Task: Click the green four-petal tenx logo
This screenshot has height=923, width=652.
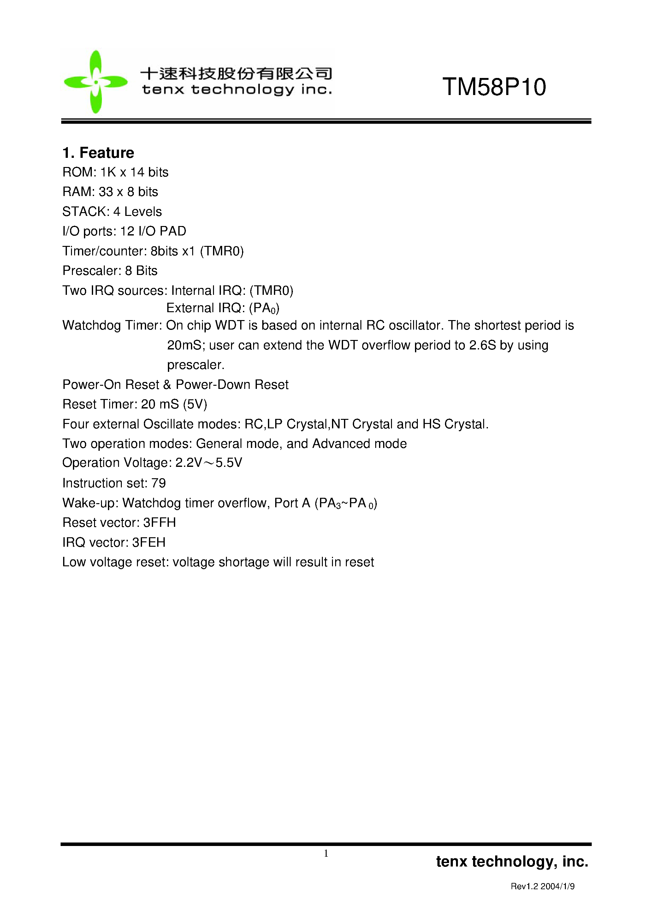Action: [96, 82]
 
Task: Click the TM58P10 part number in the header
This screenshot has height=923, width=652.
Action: [494, 87]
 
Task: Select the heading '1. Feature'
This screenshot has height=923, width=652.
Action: [98, 153]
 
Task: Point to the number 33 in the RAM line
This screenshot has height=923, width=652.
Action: [106, 192]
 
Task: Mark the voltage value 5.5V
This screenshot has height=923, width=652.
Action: [229, 463]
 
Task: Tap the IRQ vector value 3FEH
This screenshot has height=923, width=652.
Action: [149, 542]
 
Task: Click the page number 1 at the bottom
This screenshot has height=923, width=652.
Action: [326, 854]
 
